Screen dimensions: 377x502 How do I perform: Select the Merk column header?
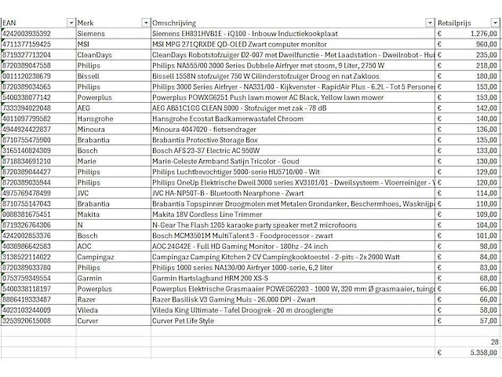(x=87, y=22)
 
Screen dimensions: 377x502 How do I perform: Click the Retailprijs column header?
(x=458, y=22)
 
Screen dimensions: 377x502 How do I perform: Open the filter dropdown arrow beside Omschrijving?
(x=428, y=22)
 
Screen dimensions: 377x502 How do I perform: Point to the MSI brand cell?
(x=85, y=45)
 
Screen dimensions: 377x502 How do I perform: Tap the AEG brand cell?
(x=85, y=107)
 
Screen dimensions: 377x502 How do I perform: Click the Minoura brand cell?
(x=93, y=128)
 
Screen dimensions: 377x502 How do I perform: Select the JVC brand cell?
(x=85, y=192)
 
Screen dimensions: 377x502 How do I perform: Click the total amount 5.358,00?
(x=479, y=354)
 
